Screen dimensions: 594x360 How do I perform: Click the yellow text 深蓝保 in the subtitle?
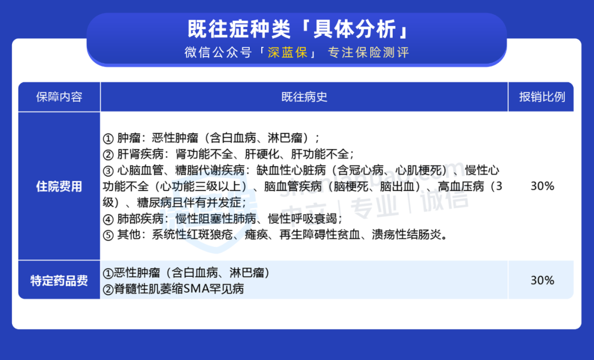(x=288, y=52)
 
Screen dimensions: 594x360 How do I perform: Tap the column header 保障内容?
(x=59, y=97)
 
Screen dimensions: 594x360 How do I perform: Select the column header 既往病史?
(x=304, y=97)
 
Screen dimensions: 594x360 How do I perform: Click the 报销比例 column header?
(x=542, y=97)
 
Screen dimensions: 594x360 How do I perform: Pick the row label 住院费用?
(x=59, y=187)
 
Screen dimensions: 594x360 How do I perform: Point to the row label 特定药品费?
(x=59, y=281)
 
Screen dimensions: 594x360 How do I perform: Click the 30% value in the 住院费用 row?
(x=542, y=186)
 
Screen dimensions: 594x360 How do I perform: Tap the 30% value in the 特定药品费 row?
(x=542, y=280)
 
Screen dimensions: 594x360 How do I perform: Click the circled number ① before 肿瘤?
(x=108, y=138)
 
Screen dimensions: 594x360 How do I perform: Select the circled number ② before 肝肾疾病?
(x=108, y=155)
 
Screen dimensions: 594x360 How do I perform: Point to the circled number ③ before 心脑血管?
(x=108, y=171)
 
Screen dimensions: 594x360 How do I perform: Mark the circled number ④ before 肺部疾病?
(x=108, y=220)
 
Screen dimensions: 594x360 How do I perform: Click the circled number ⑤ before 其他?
(x=108, y=236)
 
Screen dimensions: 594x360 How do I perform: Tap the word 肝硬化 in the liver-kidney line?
(x=262, y=154)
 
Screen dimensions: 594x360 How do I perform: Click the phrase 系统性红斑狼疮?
(x=193, y=235)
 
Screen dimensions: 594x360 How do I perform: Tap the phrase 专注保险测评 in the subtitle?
(x=368, y=52)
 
